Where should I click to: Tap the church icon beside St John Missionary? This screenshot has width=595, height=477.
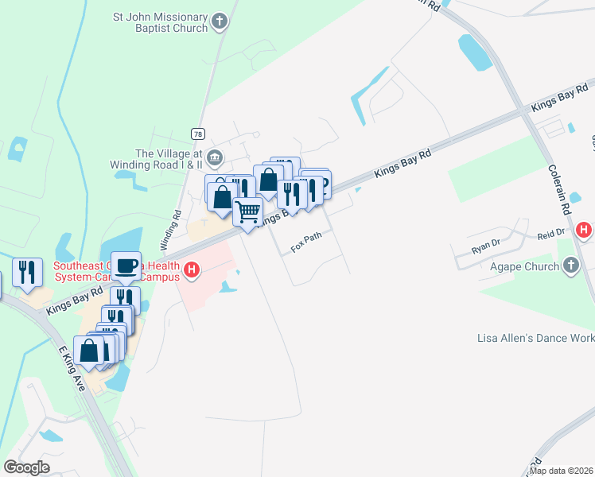tap(221, 22)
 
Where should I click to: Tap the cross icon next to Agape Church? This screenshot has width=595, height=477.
tap(571, 267)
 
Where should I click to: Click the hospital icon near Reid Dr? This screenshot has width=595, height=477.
tap(585, 231)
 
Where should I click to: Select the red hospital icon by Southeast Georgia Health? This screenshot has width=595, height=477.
tap(191, 271)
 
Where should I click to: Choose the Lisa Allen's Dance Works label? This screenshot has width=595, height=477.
tap(535, 338)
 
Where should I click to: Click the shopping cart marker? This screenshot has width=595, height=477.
tap(248, 211)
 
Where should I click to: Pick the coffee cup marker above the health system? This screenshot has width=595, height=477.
tap(126, 266)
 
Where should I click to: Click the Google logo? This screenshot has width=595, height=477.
tap(26, 467)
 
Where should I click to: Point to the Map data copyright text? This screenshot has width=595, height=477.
tap(560, 471)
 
